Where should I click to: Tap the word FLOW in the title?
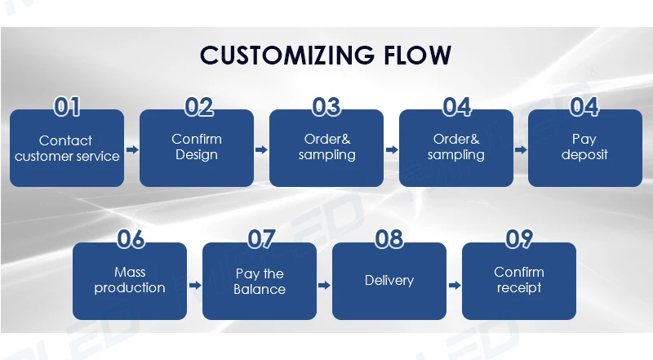coord(417,55)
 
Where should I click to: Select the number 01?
coord(67,107)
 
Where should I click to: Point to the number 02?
coord(198,107)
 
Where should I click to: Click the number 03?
coord(326,107)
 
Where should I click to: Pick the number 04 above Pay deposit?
coord(584,107)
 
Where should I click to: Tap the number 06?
coord(131,239)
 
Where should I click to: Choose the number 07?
coord(261,239)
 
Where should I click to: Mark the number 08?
coord(389,239)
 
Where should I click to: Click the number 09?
coord(519,239)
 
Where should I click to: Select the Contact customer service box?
coord(67,148)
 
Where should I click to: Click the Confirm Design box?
coord(197,148)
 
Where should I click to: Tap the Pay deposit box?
coord(585,148)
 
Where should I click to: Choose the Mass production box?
coord(130,282)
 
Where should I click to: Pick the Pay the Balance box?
coord(260,282)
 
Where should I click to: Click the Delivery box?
coord(389,282)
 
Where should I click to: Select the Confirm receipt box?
coord(519,282)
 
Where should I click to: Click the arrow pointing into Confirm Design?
coord(132,149)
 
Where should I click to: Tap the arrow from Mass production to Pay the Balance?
coord(195,286)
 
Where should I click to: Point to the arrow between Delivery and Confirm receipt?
coord(455,286)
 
